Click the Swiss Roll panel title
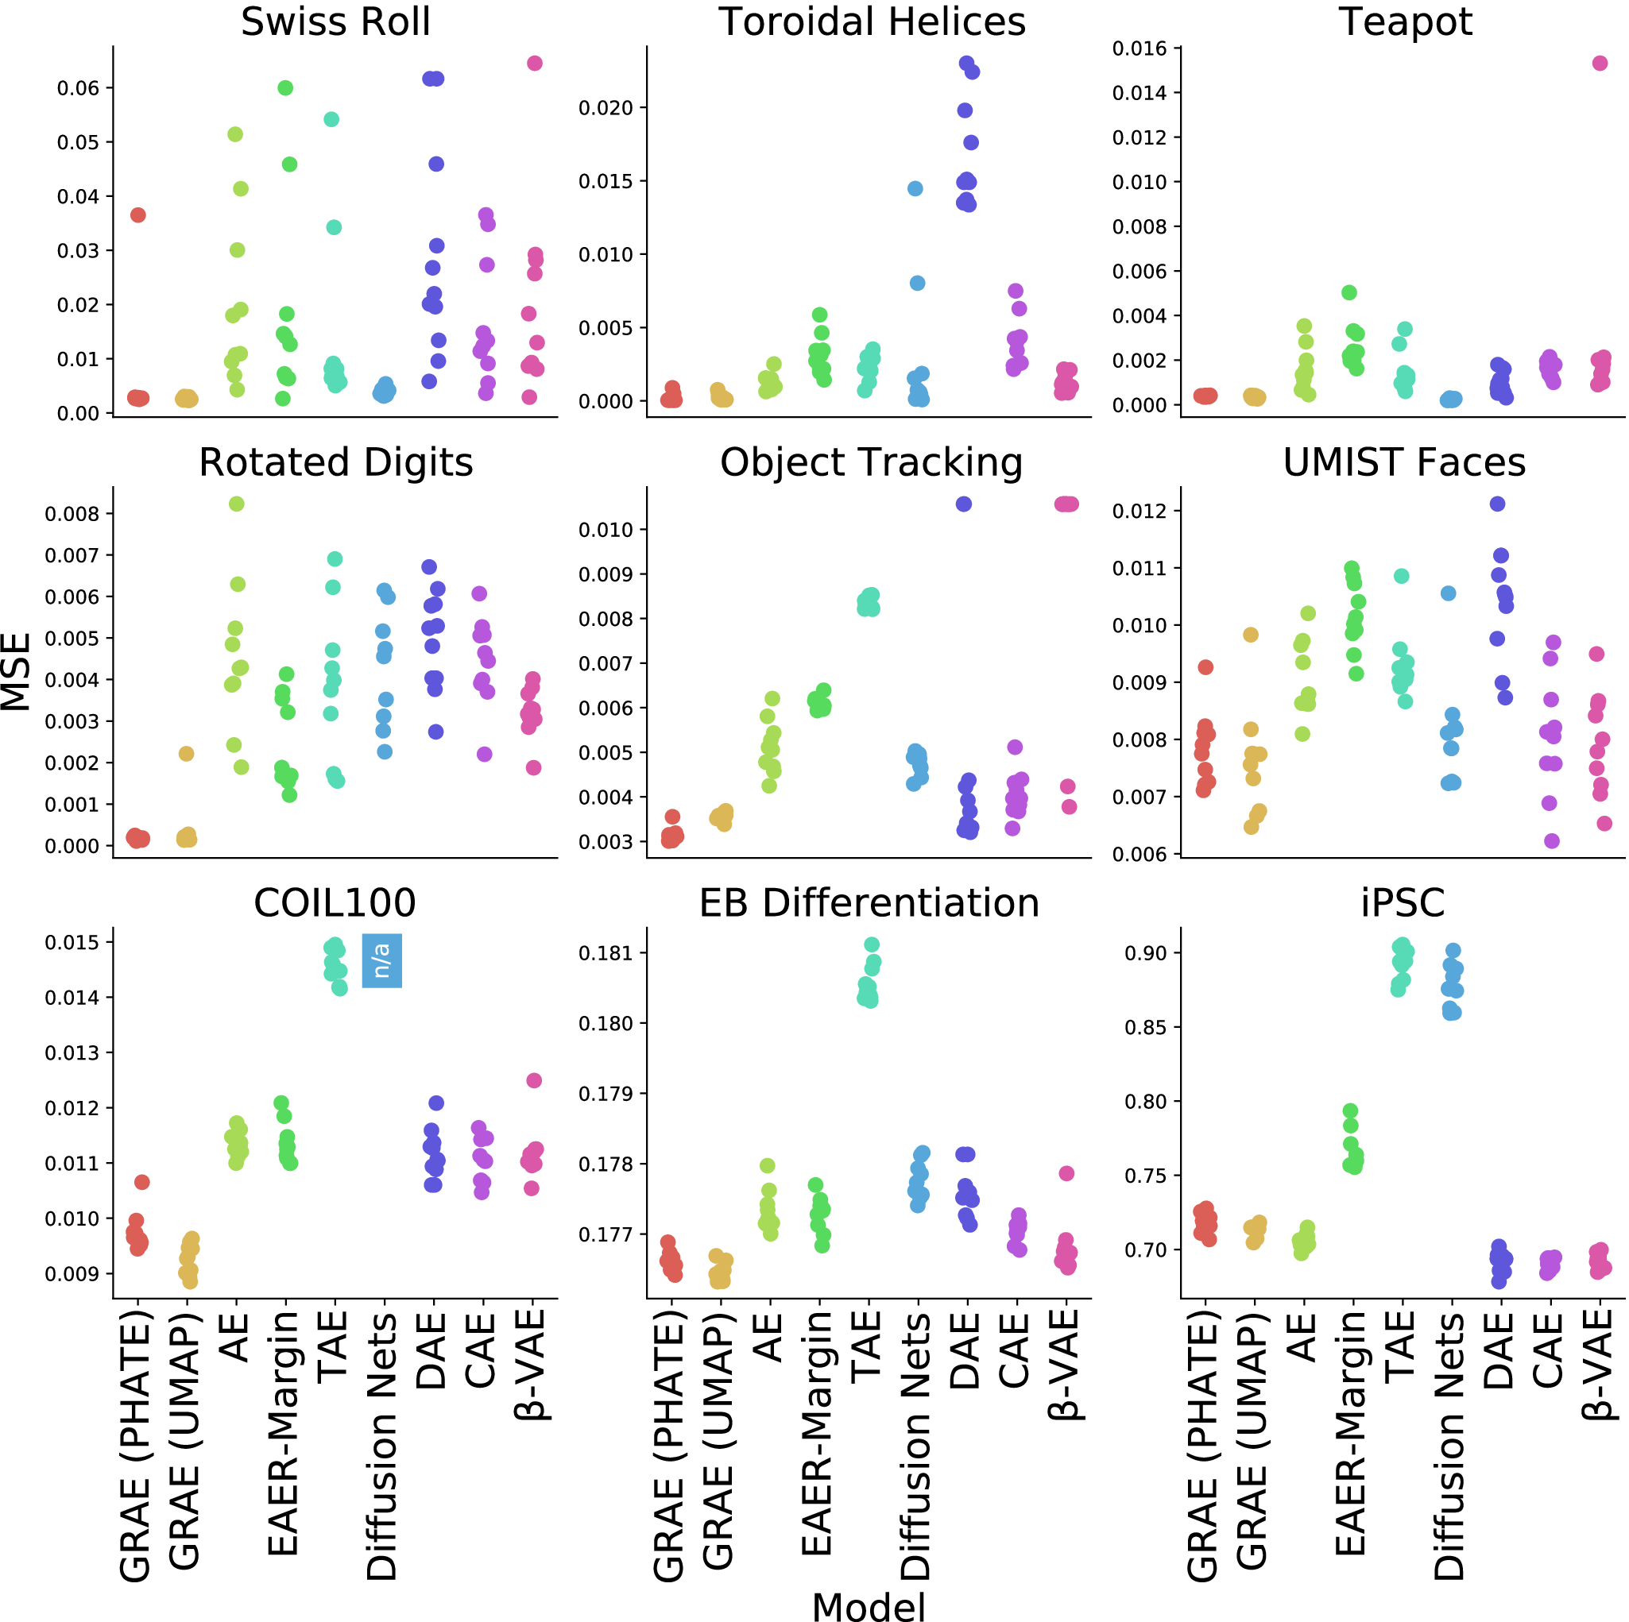click(335, 22)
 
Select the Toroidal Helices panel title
click(871, 22)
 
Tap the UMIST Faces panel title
click(1404, 462)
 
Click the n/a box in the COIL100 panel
click(382, 960)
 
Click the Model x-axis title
click(869, 1606)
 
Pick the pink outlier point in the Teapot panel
click(1600, 64)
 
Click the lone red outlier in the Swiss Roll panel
click(138, 215)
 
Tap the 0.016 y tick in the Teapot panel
click(1140, 49)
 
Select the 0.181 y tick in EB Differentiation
click(606, 953)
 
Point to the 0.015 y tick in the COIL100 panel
click(72, 943)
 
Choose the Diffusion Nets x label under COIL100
click(382, 1446)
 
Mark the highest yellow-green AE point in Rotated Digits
click(236, 504)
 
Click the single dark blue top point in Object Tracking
click(964, 504)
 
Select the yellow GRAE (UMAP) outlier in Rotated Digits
click(186, 754)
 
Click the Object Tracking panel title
click(871, 462)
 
